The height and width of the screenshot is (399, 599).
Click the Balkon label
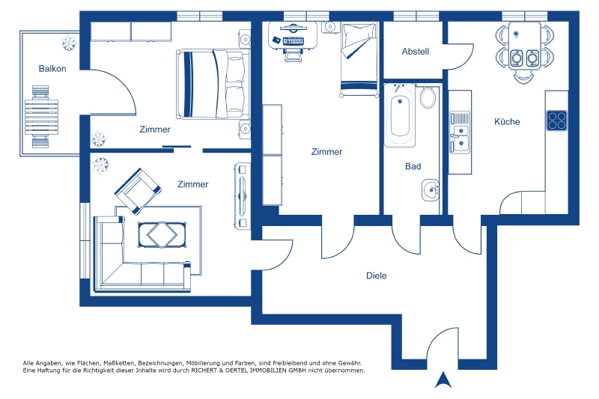point(52,69)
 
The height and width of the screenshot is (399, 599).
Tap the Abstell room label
point(416,52)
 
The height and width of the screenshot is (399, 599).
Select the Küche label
point(507,122)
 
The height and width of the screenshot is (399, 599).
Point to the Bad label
point(413,166)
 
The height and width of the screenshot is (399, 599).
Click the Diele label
point(377,275)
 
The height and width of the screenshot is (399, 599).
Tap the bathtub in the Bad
point(400,115)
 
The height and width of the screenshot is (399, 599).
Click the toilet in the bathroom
point(428,97)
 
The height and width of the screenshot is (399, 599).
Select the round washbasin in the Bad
point(431,189)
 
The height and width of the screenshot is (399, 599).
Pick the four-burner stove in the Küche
point(556,121)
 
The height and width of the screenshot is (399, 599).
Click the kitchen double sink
point(460,133)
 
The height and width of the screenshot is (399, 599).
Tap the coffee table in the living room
point(162,235)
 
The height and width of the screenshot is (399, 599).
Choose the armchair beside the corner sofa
point(138,191)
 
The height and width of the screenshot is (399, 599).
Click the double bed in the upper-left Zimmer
point(213,84)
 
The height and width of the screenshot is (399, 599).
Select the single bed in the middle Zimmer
point(359,59)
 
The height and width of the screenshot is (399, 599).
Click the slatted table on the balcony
point(42,118)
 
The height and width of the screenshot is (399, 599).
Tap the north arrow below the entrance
point(443,380)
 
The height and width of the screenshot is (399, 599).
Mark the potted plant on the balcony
point(69,43)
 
